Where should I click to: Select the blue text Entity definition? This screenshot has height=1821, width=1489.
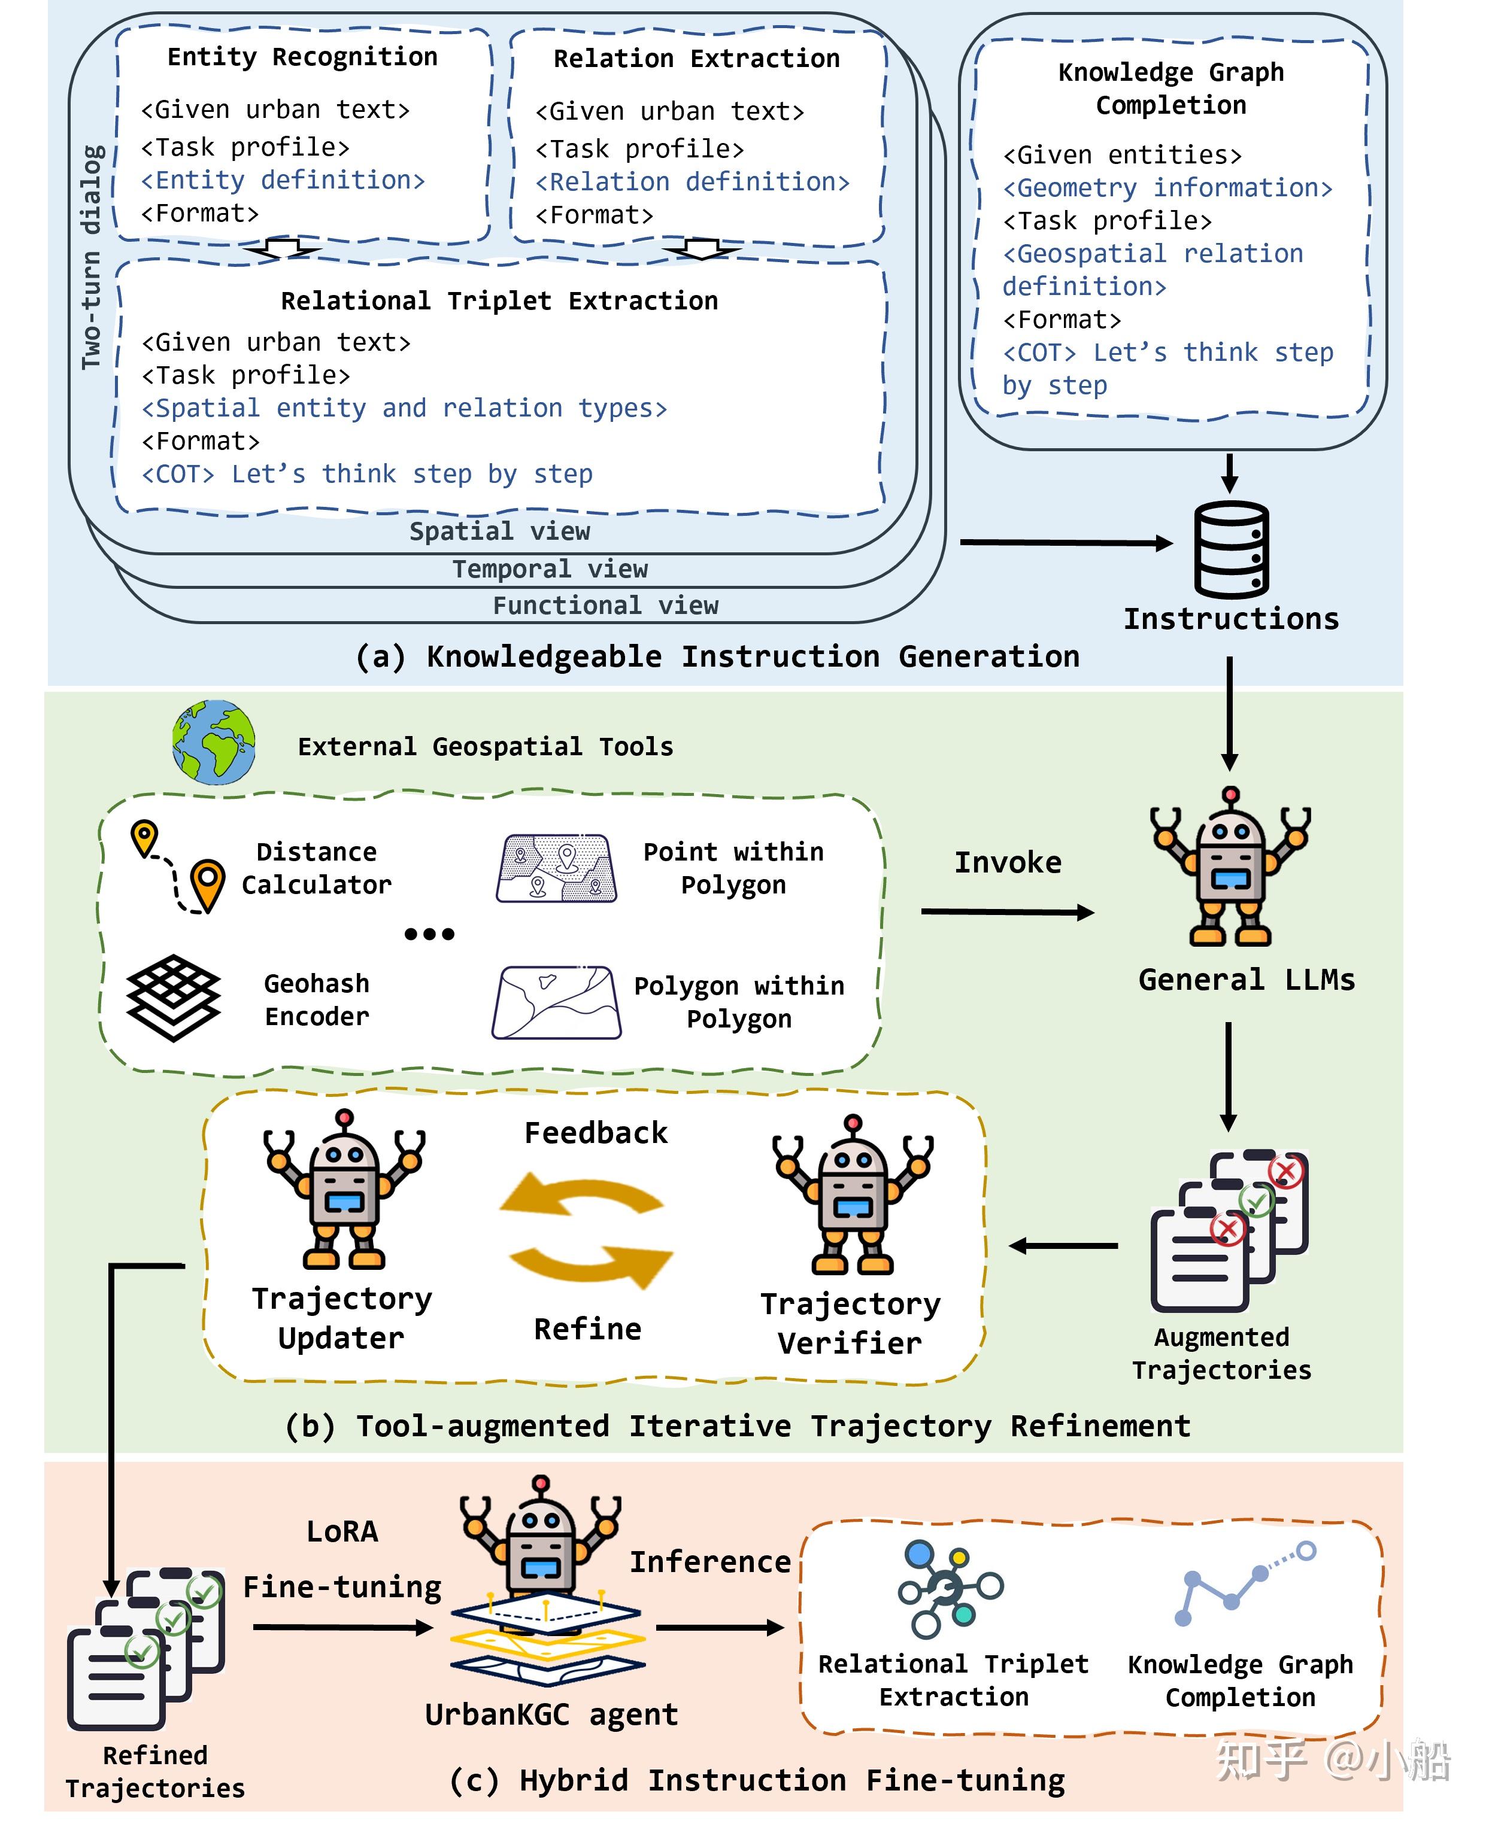pyautogui.click(x=283, y=180)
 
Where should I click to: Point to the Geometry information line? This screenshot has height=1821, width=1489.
pyautogui.click(x=1167, y=188)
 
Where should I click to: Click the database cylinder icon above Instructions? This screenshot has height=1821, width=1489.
pyautogui.click(x=1231, y=549)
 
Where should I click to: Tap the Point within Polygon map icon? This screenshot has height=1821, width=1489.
pyautogui.click(x=556, y=868)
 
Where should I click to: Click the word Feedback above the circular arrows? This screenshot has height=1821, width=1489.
pyautogui.click(x=595, y=1133)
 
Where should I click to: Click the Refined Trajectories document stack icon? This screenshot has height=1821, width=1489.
pyautogui.click(x=146, y=1646)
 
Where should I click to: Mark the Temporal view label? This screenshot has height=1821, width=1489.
pyautogui.click(x=550, y=569)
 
